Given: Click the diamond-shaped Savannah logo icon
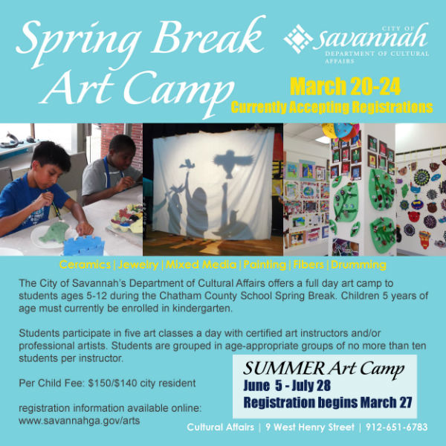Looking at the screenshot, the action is click(x=298, y=39).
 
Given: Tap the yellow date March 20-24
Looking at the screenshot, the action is click(x=346, y=86).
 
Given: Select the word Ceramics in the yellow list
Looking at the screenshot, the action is click(x=85, y=265).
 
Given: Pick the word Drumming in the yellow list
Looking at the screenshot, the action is click(x=359, y=265).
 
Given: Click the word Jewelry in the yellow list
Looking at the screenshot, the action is click(x=138, y=265).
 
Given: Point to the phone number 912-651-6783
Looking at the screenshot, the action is click(x=397, y=427).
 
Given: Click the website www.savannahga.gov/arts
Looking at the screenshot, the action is click(x=80, y=421).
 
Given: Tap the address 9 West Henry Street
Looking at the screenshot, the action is click(x=310, y=427).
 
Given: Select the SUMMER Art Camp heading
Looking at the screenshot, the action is click(x=323, y=369).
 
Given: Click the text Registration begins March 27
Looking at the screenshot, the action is click(x=328, y=402).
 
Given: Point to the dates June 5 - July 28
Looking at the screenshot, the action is click(x=287, y=386).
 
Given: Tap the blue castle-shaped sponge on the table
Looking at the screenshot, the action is click(x=84, y=245).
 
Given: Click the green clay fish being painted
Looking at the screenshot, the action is click(x=54, y=232).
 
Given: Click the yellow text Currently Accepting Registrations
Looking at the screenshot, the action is click(x=332, y=107).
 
